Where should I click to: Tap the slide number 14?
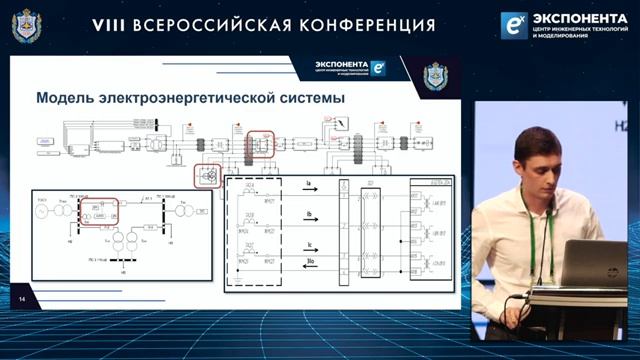point(20,298)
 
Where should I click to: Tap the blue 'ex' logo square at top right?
point(514,25)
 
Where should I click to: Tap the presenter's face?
point(537,165)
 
